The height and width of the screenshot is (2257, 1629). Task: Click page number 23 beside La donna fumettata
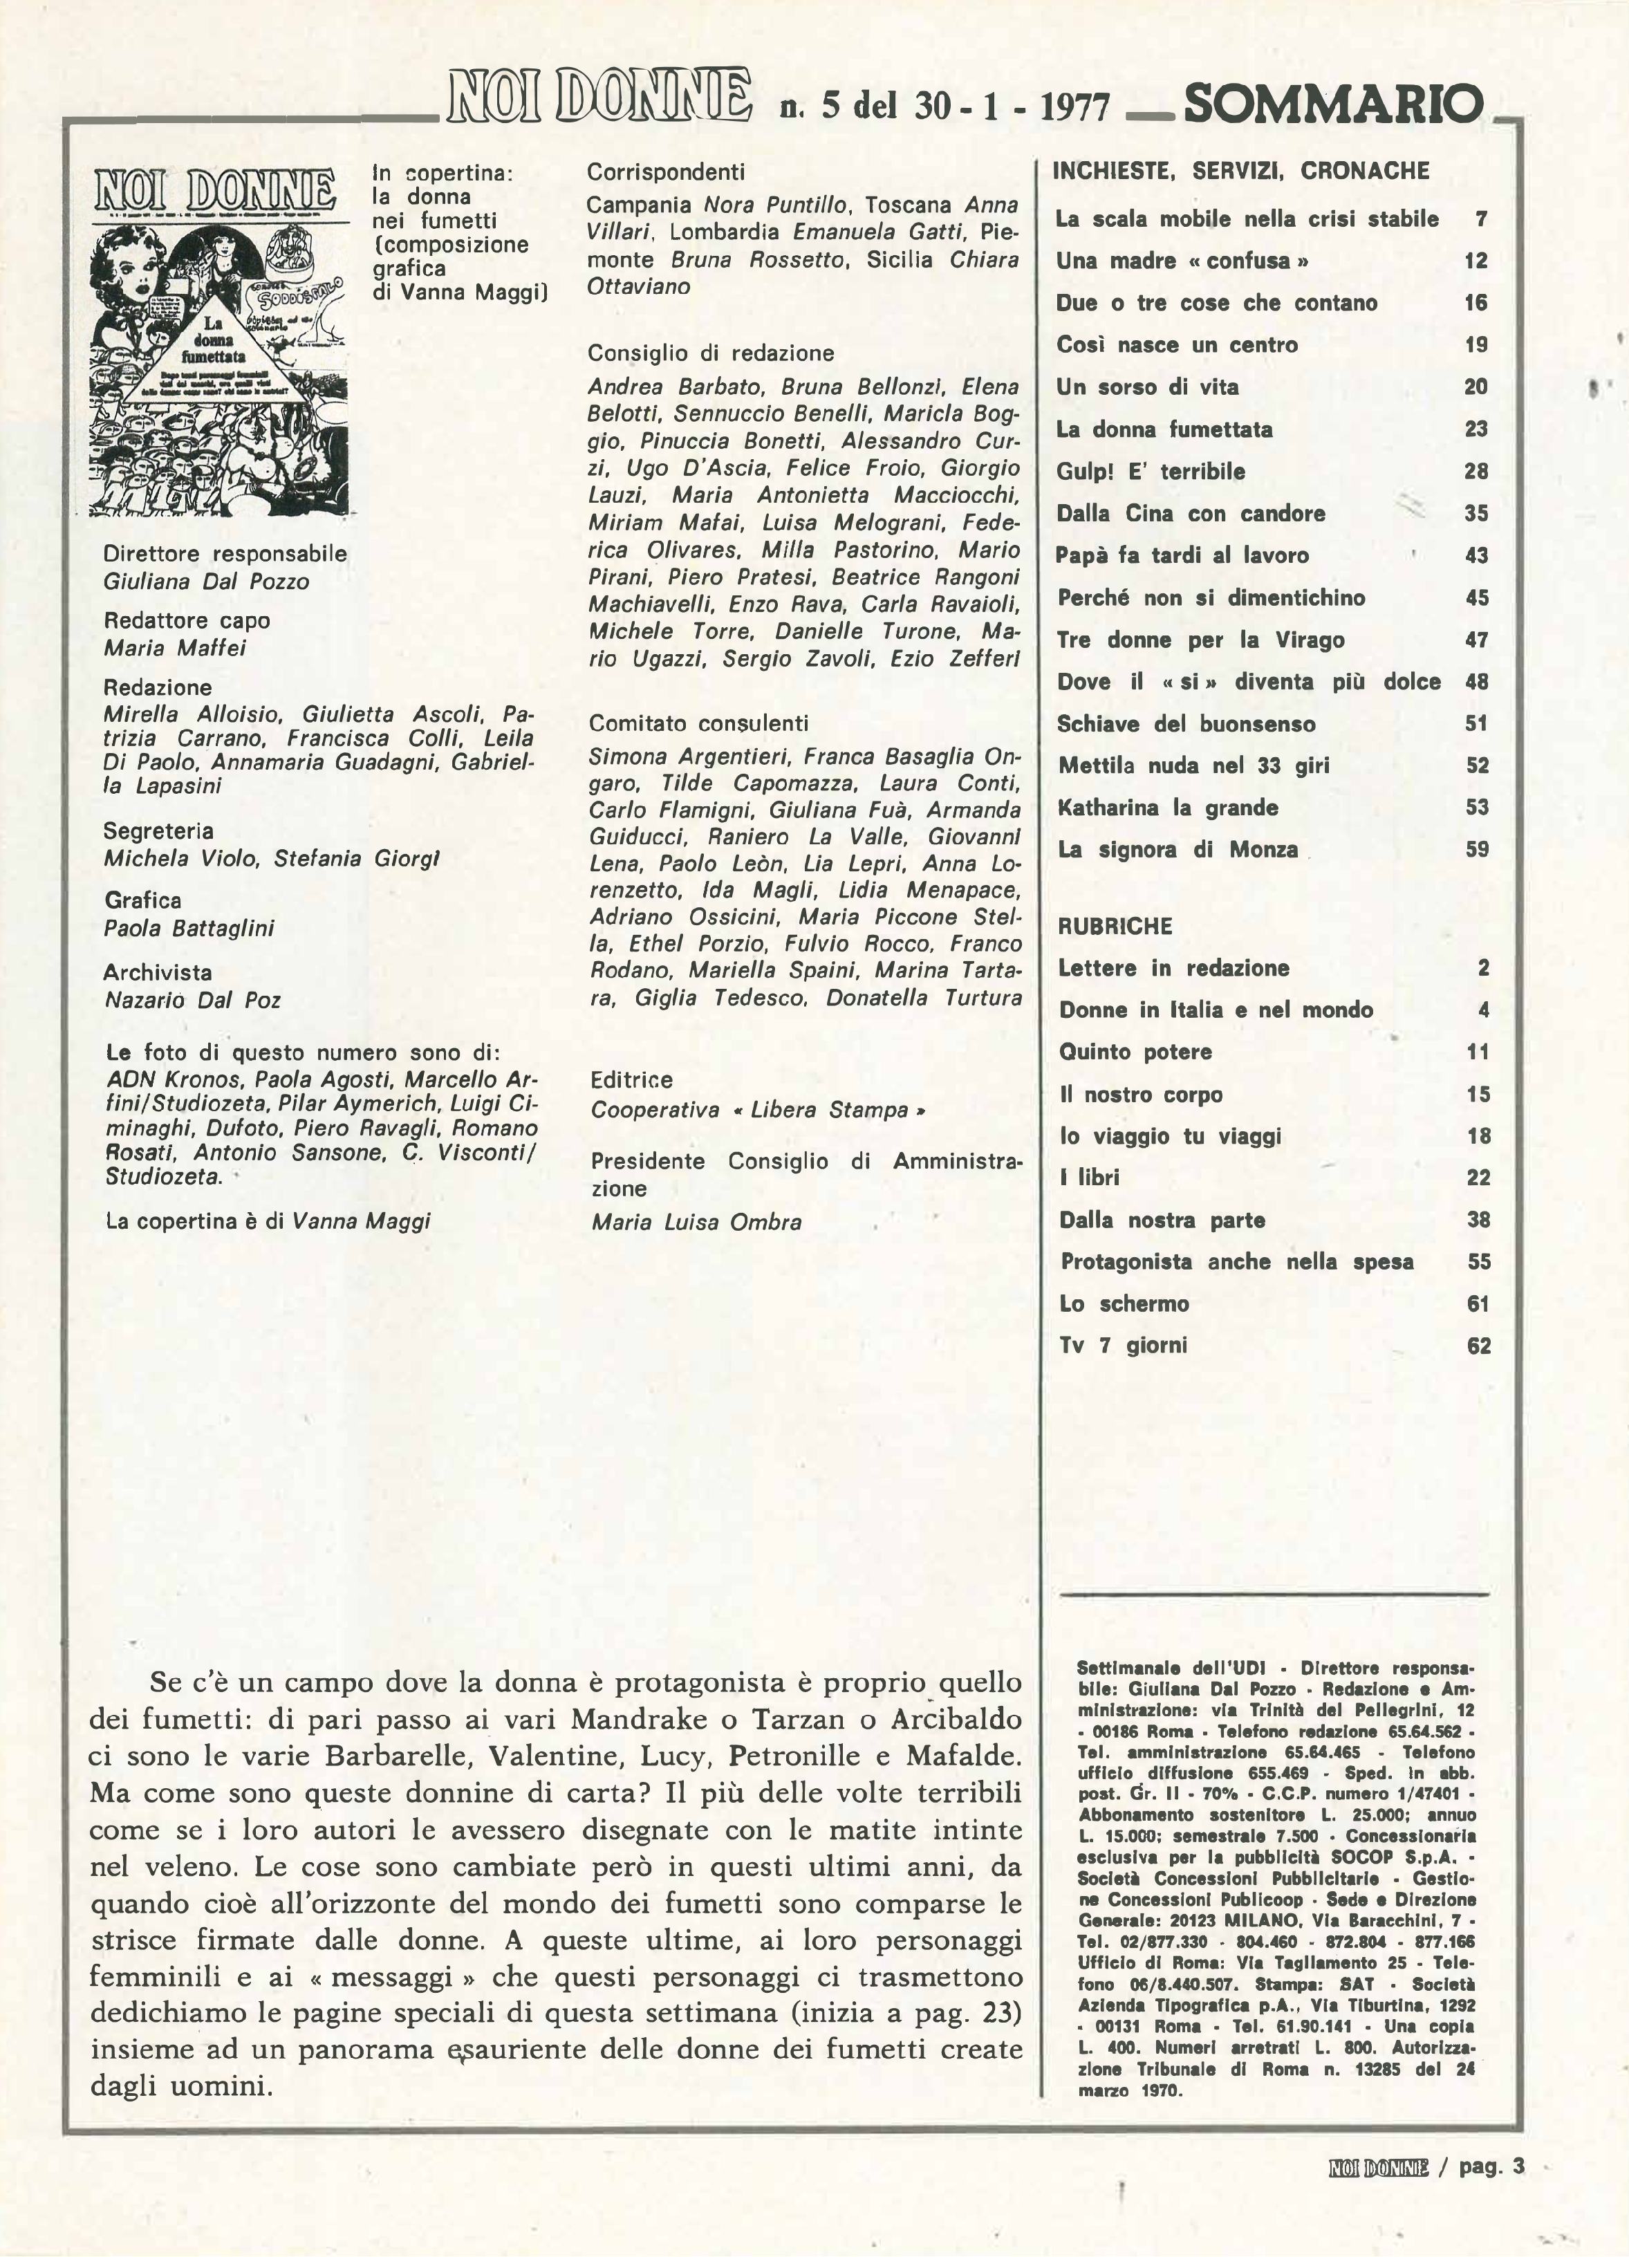[1476, 429]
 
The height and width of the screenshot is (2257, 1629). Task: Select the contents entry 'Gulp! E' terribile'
[1151, 472]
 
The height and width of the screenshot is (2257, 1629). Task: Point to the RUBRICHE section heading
[1115, 925]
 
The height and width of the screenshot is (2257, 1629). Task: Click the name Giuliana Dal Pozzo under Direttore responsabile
[206, 581]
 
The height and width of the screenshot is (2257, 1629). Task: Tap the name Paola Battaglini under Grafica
[189, 927]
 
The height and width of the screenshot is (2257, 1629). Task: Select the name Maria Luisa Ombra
[696, 1221]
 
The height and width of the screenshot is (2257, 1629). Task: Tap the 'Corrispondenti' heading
[666, 172]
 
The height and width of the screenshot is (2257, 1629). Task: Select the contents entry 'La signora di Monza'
[1178, 850]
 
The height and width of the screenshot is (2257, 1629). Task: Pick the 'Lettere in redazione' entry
[1173, 967]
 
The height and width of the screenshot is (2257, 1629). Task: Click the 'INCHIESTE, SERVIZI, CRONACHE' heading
[1241, 170]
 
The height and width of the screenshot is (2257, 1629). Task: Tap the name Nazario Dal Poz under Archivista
[193, 1000]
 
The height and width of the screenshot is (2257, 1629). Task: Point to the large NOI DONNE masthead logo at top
[599, 97]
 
